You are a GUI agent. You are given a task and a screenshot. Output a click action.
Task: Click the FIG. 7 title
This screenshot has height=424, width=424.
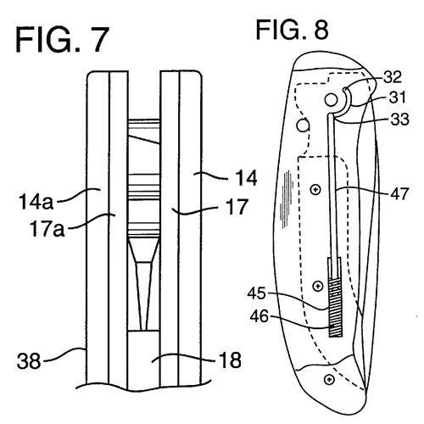pyautogui.click(x=62, y=40)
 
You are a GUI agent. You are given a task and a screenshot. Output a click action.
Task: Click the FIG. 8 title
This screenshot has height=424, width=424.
pyautogui.click(x=293, y=30)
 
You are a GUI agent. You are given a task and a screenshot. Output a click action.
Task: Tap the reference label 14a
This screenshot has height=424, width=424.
pyautogui.click(x=36, y=202)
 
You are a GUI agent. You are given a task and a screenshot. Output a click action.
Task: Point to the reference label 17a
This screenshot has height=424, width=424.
pyautogui.click(x=47, y=229)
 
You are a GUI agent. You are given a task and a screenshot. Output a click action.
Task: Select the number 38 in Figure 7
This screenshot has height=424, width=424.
pyautogui.click(x=29, y=361)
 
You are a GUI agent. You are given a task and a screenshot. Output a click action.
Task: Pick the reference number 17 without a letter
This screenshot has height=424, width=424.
pyautogui.click(x=238, y=207)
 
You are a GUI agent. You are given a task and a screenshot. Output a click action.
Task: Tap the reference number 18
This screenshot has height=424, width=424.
pyautogui.click(x=231, y=360)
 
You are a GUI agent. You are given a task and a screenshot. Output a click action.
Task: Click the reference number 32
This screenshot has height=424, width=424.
pyautogui.click(x=393, y=76)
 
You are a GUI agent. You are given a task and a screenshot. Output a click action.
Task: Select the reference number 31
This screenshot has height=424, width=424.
pyautogui.click(x=397, y=98)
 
